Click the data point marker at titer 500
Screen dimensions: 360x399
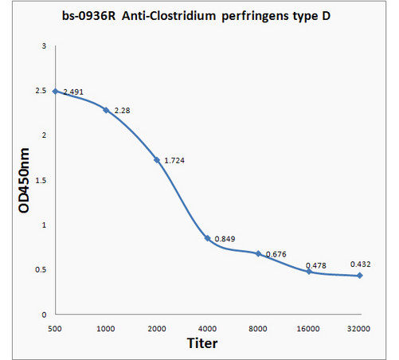[x=55, y=91]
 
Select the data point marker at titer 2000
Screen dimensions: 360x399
[x=157, y=160]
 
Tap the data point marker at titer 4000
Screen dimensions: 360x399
[x=207, y=238]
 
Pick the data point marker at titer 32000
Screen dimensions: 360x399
[x=359, y=276]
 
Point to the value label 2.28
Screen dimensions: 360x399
[x=123, y=109]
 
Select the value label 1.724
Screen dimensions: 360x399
[x=174, y=161]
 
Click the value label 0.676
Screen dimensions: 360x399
[x=276, y=254]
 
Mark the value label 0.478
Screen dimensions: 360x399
[x=325, y=265]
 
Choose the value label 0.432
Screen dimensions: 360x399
[x=361, y=264]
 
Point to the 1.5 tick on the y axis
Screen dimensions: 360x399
[x=41, y=180]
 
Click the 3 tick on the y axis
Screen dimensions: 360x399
[x=45, y=46]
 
